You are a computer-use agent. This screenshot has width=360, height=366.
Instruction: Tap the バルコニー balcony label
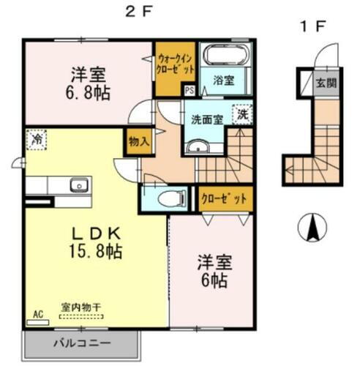coord(80,343)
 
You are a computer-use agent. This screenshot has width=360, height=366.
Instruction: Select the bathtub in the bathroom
coord(227,56)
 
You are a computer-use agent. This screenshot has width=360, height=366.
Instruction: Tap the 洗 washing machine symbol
coord(242,114)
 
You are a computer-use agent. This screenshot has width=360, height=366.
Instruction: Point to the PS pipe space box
coord(190,91)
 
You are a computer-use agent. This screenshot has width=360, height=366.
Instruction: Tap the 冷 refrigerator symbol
coord(35,138)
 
